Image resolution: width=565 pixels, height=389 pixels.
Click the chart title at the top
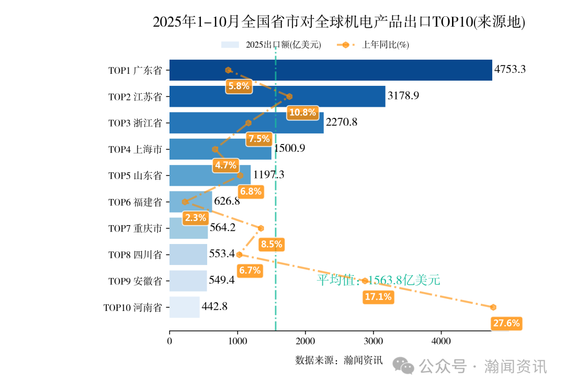(338, 22)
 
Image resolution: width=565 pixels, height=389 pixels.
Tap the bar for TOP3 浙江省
(246, 123)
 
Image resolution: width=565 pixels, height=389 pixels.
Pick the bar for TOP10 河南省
(184, 307)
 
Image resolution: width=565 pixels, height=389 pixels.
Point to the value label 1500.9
(289, 149)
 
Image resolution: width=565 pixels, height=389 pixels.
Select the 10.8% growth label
(302, 112)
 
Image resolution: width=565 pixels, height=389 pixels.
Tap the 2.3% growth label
(195, 218)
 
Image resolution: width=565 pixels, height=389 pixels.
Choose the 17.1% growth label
(378, 297)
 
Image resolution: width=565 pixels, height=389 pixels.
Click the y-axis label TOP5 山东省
(135, 176)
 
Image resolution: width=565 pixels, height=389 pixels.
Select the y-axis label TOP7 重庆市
(135, 229)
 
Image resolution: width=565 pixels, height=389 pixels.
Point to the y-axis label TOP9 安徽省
(135, 281)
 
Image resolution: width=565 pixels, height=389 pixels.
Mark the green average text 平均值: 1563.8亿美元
(378, 281)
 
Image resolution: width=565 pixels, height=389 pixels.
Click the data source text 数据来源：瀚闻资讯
(338, 360)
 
